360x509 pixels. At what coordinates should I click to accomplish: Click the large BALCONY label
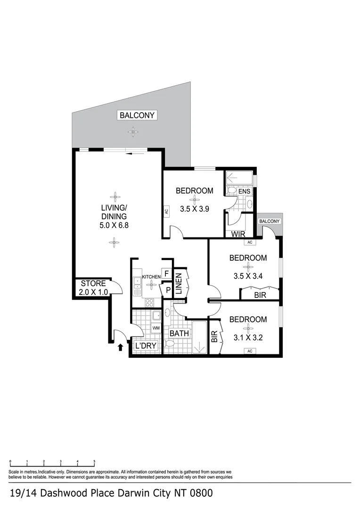(137, 115)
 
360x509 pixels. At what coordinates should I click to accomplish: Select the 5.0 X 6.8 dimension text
(114, 225)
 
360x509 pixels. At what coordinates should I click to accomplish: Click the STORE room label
(93, 284)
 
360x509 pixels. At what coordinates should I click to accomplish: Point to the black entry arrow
(120, 347)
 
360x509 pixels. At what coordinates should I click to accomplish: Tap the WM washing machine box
(156, 328)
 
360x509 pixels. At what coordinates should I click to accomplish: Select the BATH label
(180, 334)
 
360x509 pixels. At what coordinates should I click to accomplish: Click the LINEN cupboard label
(179, 283)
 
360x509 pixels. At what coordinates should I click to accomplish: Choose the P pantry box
(167, 290)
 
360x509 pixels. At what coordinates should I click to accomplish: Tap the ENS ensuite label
(244, 192)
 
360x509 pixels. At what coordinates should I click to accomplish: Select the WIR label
(237, 234)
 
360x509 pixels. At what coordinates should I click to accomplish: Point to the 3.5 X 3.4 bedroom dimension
(248, 275)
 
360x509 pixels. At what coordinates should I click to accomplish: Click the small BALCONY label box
(270, 221)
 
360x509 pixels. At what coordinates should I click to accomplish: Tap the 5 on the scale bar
(94, 462)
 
